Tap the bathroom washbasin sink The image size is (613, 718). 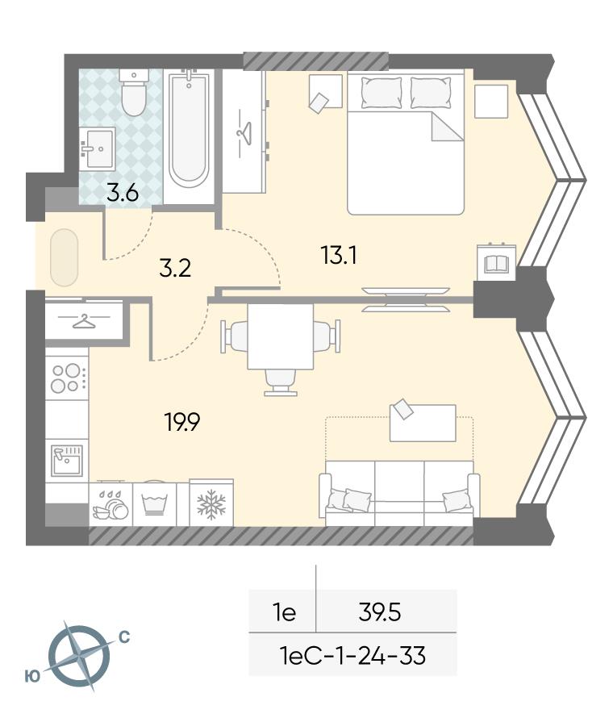[97, 148]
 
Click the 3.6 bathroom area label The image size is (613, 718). [123, 194]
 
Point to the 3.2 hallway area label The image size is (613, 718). [175, 269]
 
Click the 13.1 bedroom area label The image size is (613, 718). [340, 256]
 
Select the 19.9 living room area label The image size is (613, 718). [182, 422]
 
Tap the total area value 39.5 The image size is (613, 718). [380, 612]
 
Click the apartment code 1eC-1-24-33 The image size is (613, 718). [352, 655]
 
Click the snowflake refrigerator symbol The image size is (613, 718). [211, 504]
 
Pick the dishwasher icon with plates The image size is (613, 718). [111, 505]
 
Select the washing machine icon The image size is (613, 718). [154, 504]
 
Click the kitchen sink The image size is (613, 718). [67, 460]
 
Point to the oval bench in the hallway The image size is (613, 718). [64, 258]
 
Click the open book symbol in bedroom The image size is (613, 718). [496, 263]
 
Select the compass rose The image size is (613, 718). [79, 656]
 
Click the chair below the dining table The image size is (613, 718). [281, 382]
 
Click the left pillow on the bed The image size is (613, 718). [382, 93]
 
